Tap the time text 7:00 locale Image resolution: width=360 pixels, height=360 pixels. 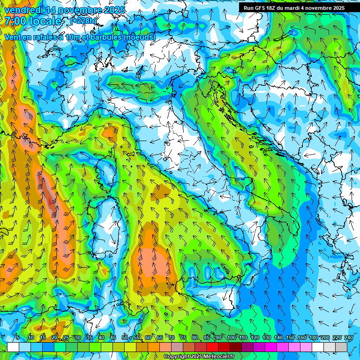[33, 21]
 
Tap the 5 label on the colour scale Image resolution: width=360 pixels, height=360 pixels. [18, 338]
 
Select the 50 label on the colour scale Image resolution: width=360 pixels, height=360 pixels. [124, 338]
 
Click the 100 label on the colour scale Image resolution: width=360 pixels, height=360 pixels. [231, 338]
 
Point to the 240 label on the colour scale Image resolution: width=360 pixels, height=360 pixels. [349, 338]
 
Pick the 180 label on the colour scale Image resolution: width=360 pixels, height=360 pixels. [313, 338]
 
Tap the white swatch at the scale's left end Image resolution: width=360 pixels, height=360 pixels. [13, 347]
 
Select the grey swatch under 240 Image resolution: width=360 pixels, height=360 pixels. [341, 347]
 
